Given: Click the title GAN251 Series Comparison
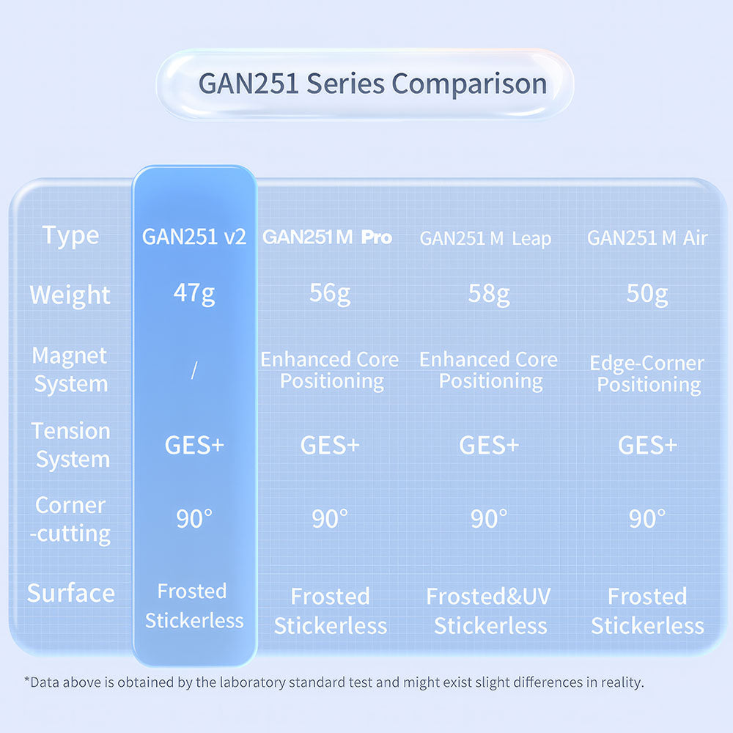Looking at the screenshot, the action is pos(372,84).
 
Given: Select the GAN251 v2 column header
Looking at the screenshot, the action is pos(194,237).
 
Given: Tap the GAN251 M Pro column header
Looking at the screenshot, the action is pos(327,237).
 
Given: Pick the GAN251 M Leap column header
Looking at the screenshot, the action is pos(485,238).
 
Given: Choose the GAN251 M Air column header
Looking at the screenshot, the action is pos(647,238).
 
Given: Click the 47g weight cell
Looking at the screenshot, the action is pos(194,294).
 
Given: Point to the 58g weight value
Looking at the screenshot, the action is pos(489,294).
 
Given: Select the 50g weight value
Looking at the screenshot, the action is pos(647,294).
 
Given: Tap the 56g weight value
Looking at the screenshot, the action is pos(330,294).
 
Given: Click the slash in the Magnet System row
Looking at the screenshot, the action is pos(194,369).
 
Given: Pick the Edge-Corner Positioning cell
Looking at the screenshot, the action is pos(647,374).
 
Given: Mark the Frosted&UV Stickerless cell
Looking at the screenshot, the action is pos(489,611).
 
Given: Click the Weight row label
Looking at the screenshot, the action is pos(70,295).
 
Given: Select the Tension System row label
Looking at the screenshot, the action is pos(71,445).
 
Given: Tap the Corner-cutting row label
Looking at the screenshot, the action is pos(70,520).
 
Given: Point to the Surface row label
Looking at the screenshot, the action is pos(71,593).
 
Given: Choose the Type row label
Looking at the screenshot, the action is pos(70,235).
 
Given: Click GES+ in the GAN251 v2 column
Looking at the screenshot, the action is pos(194,445).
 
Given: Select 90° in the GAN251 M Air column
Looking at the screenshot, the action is pos(647,518).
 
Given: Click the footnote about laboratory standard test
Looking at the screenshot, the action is pos(334,682).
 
